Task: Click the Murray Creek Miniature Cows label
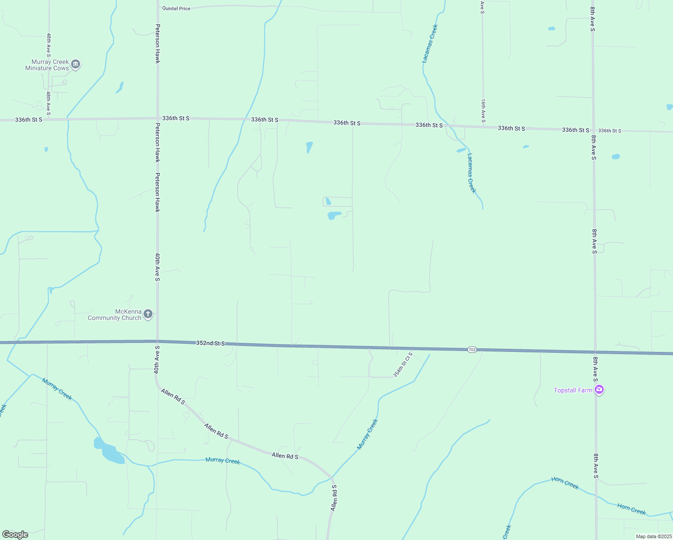(47, 65)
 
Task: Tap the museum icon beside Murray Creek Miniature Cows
(76, 65)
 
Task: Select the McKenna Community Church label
(115, 315)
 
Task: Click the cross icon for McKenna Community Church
(148, 314)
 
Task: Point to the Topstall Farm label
(573, 390)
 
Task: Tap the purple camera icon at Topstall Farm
(599, 390)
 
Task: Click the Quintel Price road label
(176, 9)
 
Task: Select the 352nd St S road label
(210, 343)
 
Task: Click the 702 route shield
(471, 350)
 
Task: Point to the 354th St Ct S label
(403, 365)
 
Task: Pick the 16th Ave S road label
(483, 111)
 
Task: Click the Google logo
(15, 535)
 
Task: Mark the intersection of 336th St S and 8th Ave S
(593, 130)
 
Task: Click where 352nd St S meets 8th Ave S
(595, 352)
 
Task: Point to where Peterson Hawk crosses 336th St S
(157, 118)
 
